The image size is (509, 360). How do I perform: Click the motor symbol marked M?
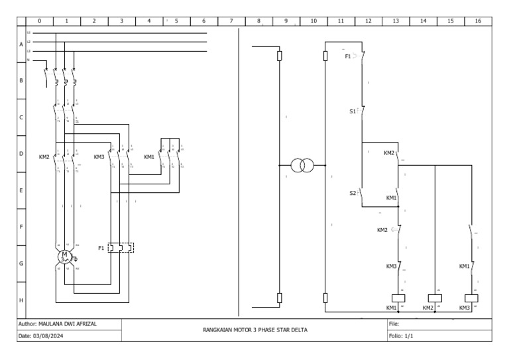tap(65, 256)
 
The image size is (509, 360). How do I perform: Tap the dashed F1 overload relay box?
tap(121, 248)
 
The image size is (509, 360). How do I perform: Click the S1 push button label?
tap(353, 112)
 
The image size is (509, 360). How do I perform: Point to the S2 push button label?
tap(353, 193)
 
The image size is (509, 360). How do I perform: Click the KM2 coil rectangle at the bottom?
tap(434, 298)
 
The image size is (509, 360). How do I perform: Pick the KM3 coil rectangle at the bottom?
tap(471, 298)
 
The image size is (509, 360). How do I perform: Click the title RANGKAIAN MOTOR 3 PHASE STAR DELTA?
tap(254, 330)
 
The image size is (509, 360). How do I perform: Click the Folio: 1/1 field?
tap(400, 336)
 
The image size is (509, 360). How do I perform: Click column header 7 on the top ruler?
tap(231, 21)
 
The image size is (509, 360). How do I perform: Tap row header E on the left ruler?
tap(21, 190)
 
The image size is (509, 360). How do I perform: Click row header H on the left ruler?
tap(21, 300)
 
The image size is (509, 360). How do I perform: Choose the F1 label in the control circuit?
tap(348, 57)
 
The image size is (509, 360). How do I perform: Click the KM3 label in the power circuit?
tap(99, 157)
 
